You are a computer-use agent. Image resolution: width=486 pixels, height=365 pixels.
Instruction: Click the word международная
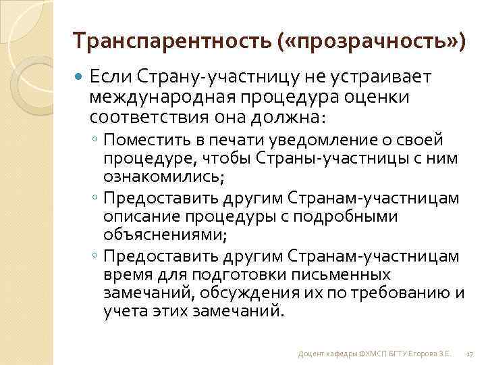(x=165, y=97)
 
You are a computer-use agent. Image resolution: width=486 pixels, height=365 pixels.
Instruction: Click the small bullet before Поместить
(x=98, y=141)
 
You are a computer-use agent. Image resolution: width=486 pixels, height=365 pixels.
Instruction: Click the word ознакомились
(x=161, y=176)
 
